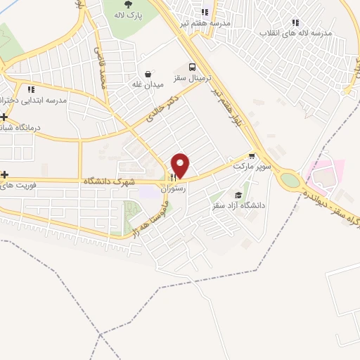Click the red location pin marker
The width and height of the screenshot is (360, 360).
[x=181, y=165]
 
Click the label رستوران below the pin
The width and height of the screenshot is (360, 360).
[x=173, y=189]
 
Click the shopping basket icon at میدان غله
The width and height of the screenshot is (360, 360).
[x=148, y=73]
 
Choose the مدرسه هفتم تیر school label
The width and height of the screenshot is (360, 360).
[x=206, y=22]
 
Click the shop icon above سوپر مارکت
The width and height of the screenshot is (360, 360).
[x=252, y=156]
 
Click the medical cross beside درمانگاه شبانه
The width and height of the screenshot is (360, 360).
[x=5, y=117]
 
